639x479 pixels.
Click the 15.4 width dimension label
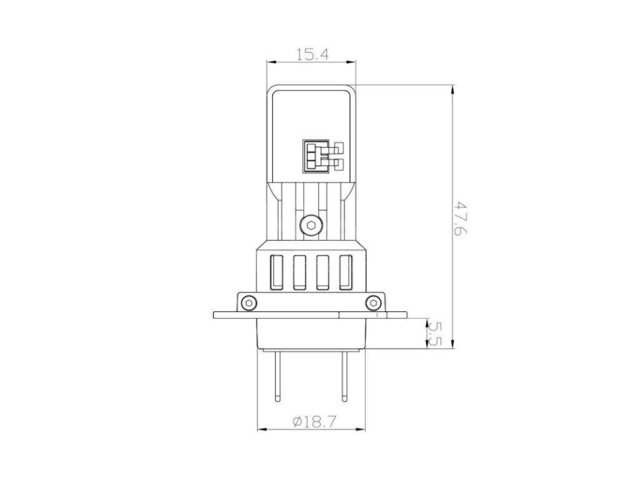point(312,54)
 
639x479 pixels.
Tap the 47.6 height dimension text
point(461,218)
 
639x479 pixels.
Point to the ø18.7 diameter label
point(315,422)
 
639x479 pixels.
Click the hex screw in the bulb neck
point(311,225)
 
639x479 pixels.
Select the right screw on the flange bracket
point(373,303)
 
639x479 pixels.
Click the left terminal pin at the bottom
point(278,376)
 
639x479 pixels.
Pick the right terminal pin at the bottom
point(344,376)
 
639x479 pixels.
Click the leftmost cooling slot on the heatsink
point(277,272)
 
